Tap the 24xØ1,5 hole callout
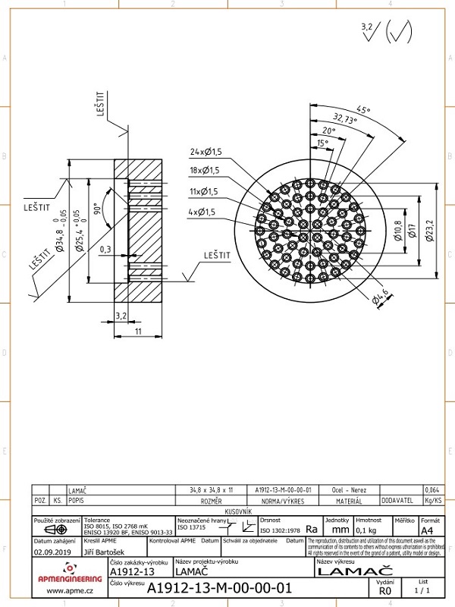pyautogui.click(x=200, y=152)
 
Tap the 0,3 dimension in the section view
pyautogui.click(x=105, y=249)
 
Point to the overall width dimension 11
pyautogui.click(x=138, y=332)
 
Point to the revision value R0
pyautogui.click(x=385, y=590)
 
